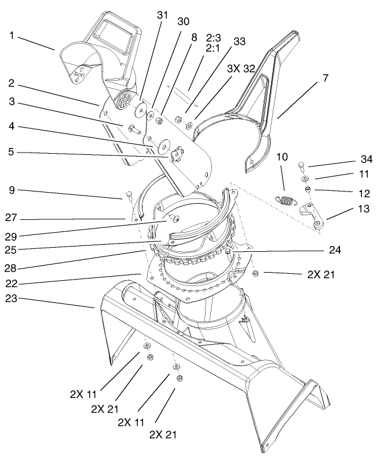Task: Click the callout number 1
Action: [12, 35]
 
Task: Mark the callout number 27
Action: [11, 218]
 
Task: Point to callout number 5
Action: [12, 153]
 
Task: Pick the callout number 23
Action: [11, 297]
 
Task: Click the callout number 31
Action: [162, 16]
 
